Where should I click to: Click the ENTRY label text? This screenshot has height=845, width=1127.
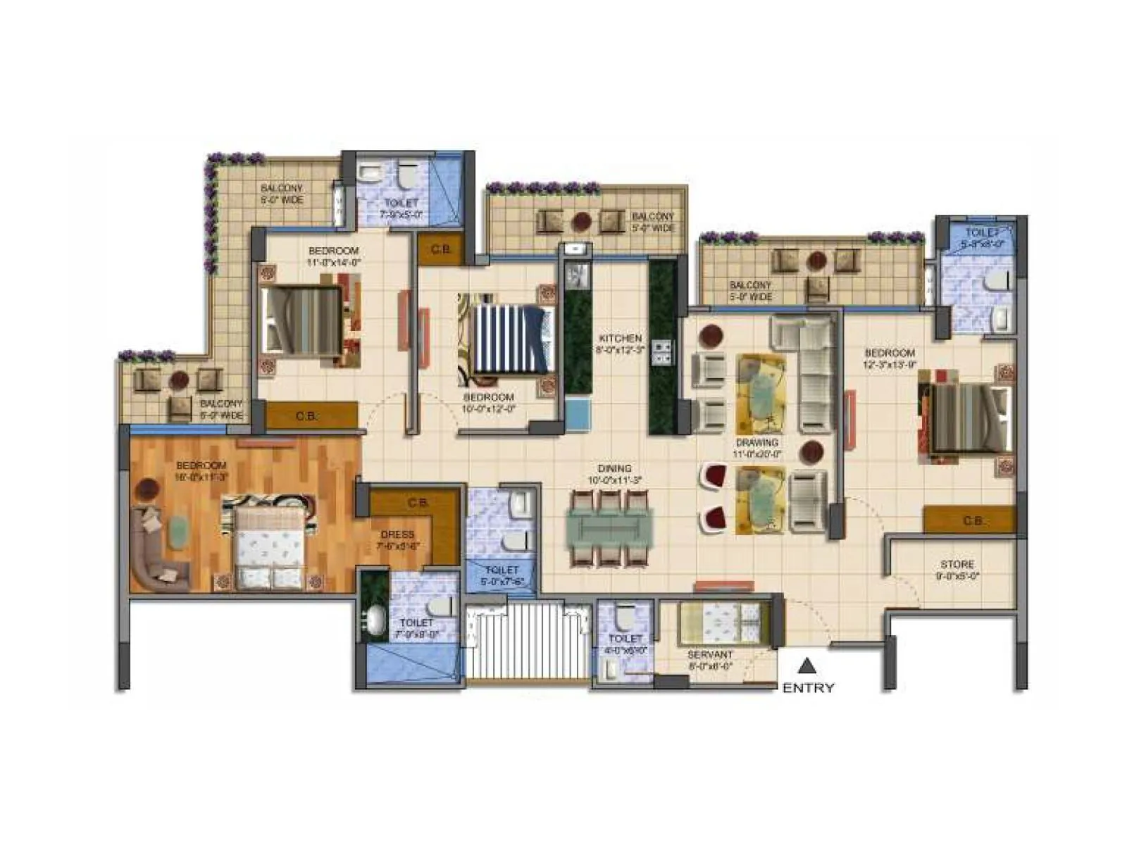tap(808, 688)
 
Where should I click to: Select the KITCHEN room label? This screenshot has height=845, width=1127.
tap(620, 338)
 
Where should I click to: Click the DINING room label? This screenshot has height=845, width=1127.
tap(614, 468)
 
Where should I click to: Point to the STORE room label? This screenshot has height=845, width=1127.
tap(957, 564)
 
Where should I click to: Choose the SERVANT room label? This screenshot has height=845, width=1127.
tap(710, 655)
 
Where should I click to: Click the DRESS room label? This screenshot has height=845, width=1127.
tap(397, 534)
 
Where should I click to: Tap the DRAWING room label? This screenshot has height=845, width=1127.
tap(757, 443)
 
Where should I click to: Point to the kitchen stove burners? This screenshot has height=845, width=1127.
tap(663, 352)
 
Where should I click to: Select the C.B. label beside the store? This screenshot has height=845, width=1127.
tap(973, 521)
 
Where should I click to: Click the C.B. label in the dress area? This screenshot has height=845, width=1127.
tap(418, 503)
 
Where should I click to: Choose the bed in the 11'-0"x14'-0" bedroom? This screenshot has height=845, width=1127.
tap(303, 320)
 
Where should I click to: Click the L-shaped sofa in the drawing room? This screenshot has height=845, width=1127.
tap(810, 366)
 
